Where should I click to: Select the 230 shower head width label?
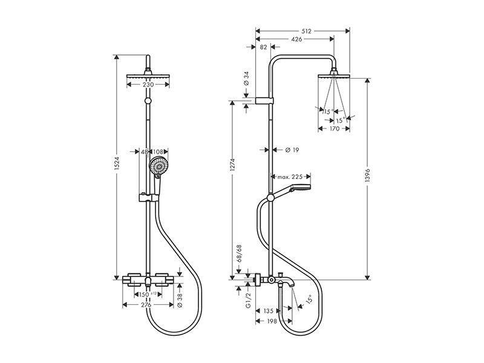tap(148, 84)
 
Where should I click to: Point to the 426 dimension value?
tap(296, 39)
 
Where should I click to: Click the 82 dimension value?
tap(263, 47)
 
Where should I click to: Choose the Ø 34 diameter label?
tap(246, 79)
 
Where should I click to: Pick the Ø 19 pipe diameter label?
tap(292, 150)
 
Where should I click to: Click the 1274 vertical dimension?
tap(232, 166)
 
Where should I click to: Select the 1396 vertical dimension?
tap(367, 175)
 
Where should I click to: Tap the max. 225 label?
tap(290, 177)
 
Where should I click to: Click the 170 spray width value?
tap(335, 128)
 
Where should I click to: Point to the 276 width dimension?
tap(146, 305)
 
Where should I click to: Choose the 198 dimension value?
tap(271, 321)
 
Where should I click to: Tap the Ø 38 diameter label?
tap(180, 301)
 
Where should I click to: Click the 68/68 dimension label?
tap(239, 253)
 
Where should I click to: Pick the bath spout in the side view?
tap(284, 281)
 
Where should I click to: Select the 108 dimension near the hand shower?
tap(158, 152)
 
